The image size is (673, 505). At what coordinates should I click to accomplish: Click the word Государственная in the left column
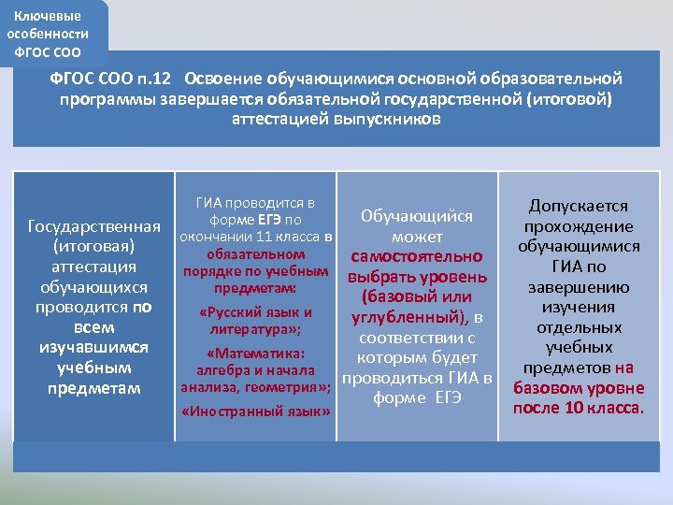95,227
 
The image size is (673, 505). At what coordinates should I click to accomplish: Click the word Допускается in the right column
579,206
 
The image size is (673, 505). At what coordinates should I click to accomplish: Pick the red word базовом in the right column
548,388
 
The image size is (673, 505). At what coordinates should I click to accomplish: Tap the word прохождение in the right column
579,226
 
